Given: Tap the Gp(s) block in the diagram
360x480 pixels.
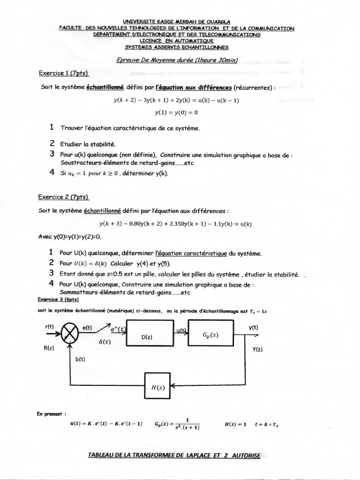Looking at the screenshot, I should [211, 334].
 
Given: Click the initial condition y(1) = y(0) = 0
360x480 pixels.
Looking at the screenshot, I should [176, 112].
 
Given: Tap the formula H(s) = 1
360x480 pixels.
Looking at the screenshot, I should [236, 424].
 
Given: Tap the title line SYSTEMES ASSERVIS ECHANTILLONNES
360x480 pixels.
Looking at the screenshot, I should [177, 47].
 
